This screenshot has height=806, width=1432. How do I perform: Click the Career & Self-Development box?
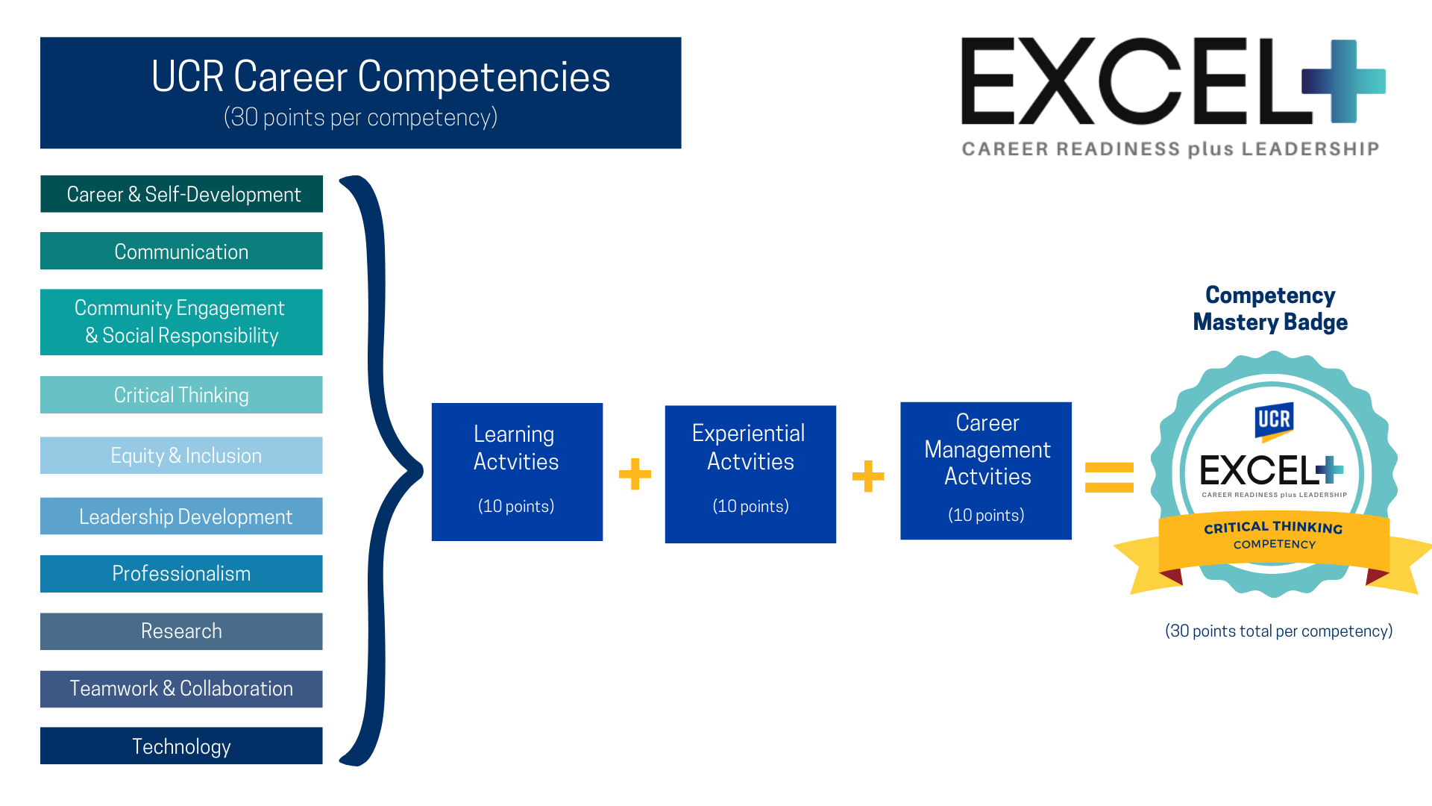(181, 194)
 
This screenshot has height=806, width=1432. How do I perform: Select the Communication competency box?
(181, 252)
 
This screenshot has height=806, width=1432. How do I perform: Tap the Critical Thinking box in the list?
(181, 395)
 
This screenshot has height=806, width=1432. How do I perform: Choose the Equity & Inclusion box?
(181, 455)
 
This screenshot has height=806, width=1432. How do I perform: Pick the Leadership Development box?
(181, 516)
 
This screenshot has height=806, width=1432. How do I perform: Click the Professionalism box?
(181, 574)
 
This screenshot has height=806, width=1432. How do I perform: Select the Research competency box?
(181, 631)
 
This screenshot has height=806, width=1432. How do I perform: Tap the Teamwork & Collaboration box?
(181, 689)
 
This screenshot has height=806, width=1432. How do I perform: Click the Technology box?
(181, 746)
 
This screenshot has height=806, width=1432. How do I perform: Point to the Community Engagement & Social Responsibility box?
(181, 322)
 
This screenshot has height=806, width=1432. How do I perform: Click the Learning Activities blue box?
(517, 472)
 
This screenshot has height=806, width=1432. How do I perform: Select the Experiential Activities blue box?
(750, 474)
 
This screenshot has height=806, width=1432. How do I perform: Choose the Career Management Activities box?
(986, 471)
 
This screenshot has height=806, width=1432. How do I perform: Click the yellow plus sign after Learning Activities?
(635, 474)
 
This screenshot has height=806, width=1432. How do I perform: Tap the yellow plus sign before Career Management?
(868, 476)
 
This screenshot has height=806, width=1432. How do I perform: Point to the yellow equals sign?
(1109, 478)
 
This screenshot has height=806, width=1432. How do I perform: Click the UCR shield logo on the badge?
(1274, 420)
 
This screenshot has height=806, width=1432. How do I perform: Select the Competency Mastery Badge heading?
(1270, 309)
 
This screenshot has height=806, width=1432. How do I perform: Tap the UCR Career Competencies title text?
(380, 77)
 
